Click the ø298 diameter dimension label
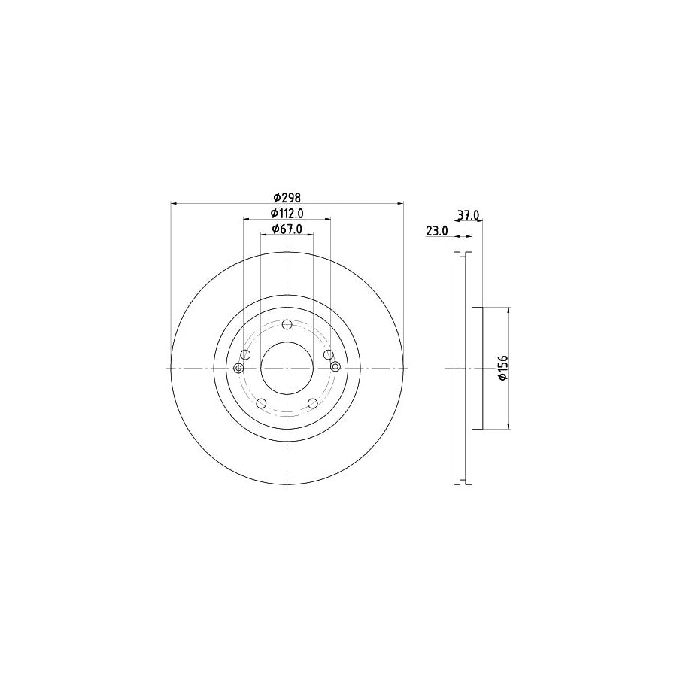point(287,197)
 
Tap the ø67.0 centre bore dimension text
point(287,230)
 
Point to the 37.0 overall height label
point(469,215)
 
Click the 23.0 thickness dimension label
point(436,232)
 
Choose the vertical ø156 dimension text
point(505,368)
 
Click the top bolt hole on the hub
point(287,325)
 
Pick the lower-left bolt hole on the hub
point(261,404)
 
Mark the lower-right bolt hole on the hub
point(312,404)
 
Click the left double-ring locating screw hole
point(238,367)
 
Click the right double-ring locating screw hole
point(335,366)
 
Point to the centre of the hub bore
point(287,368)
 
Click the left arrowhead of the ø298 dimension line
point(175,203)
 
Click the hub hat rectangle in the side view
point(476,368)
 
